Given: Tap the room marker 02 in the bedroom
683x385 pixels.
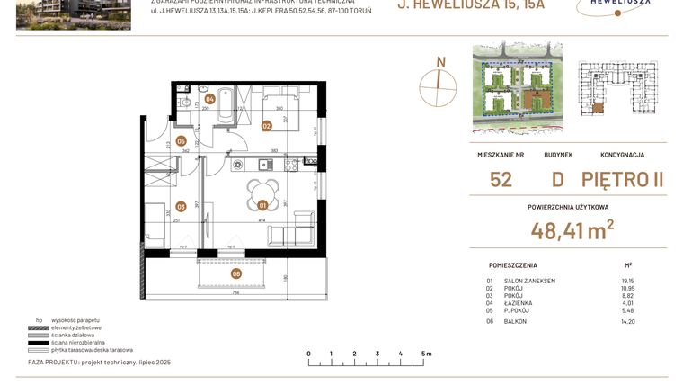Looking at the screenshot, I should pos(267,126).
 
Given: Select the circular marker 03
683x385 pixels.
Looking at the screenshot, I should pos(181,206).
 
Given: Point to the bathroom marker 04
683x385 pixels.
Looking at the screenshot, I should pos(209,100).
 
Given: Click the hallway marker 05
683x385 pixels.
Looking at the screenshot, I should pos(181,141).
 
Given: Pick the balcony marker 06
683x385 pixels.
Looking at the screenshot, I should pos(236,273).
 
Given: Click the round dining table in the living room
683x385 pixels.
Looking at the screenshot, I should pos(262,191).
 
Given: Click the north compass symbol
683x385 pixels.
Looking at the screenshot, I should pos(439,81).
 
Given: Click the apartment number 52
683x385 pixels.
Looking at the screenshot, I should pos(501,180).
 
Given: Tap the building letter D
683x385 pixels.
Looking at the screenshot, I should pos(558,180).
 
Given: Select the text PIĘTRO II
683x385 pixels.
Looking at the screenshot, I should pos(622,180).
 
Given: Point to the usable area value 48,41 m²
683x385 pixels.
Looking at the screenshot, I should pos(572,230).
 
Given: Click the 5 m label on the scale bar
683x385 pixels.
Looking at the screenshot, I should pos(425,354).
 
